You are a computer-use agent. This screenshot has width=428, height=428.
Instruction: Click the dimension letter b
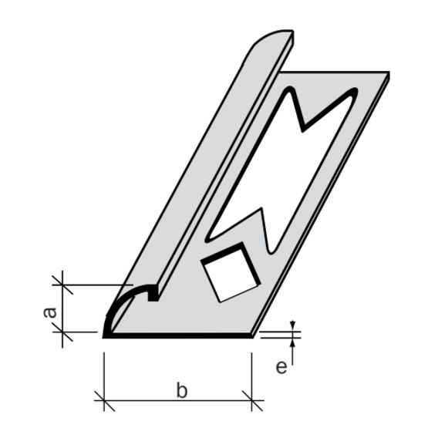[x=181, y=390]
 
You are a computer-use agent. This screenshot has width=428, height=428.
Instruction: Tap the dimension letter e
[x=281, y=366]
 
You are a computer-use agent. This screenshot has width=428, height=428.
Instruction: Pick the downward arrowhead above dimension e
[x=293, y=326]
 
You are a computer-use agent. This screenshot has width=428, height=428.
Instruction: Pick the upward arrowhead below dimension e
[x=293, y=342]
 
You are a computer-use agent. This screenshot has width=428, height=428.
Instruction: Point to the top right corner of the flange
[x=389, y=74]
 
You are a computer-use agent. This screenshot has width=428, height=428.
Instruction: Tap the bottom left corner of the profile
[x=104, y=335]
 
